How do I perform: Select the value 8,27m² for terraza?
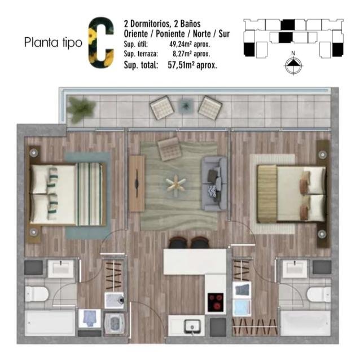click(x=183, y=54)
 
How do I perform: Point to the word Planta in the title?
click(x=41, y=43)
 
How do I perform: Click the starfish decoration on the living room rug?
click(x=175, y=184)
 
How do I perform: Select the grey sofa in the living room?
click(x=214, y=184)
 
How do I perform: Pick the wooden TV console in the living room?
click(x=137, y=183)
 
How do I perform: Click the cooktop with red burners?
click(x=215, y=302)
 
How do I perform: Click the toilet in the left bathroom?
click(x=36, y=294)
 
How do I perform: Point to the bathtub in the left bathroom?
click(x=50, y=323)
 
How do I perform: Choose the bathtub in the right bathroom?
click(x=306, y=323)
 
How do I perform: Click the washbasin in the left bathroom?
click(x=61, y=269)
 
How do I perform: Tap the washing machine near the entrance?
click(x=115, y=323)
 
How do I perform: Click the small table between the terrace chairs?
click(x=185, y=105)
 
